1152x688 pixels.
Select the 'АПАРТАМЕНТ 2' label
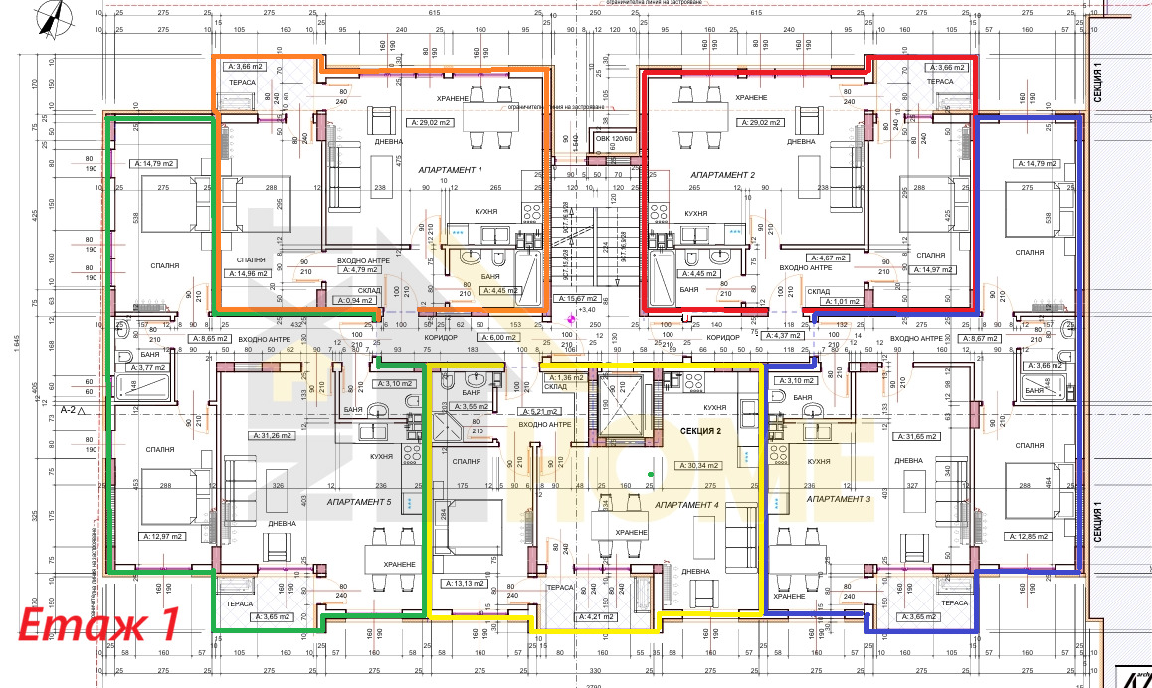(723, 174)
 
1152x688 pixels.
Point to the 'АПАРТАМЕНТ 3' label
(838, 498)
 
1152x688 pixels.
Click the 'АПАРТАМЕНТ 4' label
(686, 505)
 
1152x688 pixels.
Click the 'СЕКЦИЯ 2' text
(701, 431)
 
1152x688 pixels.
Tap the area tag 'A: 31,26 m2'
(270, 435)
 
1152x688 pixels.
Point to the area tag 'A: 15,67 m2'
(577, 298)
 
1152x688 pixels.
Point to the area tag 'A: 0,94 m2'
(354, 299)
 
